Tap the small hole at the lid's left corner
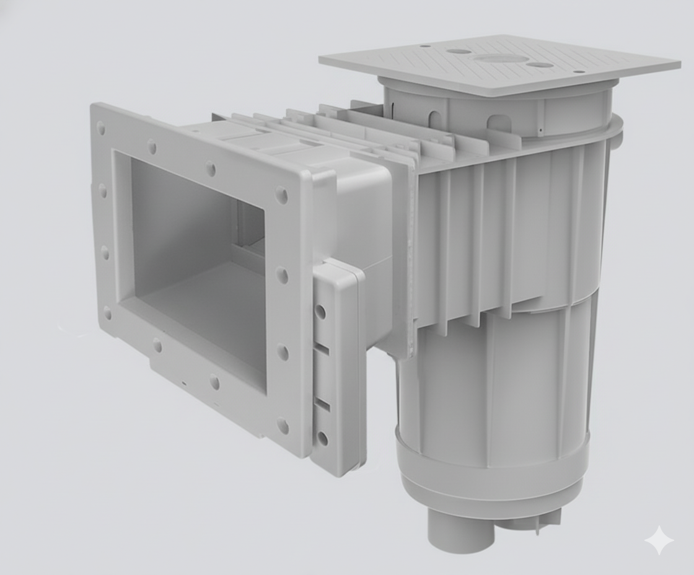coord(425,46)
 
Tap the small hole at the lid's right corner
coord(579,72)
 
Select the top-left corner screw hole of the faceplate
coord(101,128)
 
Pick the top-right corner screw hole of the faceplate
coord(281,195)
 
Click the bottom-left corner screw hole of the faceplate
coord(108,312)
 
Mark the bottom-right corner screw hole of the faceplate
coord(283,426)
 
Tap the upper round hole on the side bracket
coord(320,310)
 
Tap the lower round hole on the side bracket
coord(322,439)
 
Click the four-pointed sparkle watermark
coord(659,540)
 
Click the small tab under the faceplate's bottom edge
coord(185,384)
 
